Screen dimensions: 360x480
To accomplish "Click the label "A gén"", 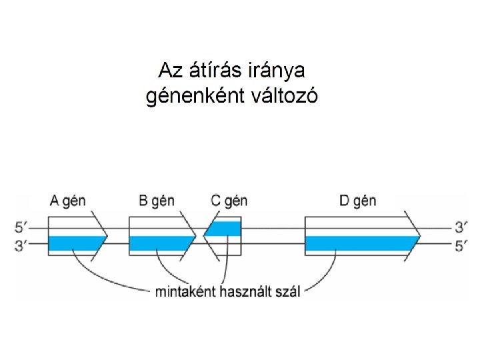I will click(x=69, y=200).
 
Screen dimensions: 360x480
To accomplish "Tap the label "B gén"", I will click(x=157, y=200).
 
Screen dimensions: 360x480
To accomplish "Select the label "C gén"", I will click(x=229, y=200).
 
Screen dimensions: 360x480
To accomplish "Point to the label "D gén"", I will click(x=357, y=200).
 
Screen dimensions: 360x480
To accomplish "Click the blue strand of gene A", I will click(x=75, y=244).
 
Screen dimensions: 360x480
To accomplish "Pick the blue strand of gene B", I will click(x=160, y=244).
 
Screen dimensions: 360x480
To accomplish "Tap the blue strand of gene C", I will click(x=225, y=229).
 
